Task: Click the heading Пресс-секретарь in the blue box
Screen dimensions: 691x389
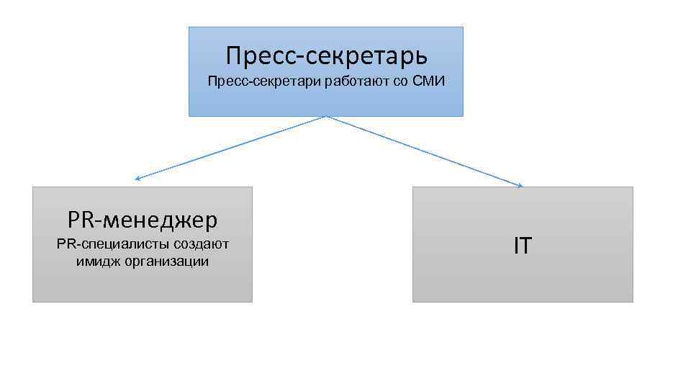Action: [x=326, y=55]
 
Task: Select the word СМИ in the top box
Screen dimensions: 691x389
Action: [x=429, y=81]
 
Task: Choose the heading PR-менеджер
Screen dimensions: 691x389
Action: [x=143, y=219]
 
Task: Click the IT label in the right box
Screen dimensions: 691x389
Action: [x=523, y=246]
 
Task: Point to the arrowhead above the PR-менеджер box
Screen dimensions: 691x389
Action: [x=137, y=179]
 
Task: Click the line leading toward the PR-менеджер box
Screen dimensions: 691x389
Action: [x=230, y=148]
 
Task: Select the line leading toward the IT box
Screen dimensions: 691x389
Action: [x=425, y=151]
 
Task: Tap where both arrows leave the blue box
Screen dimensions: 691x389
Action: [x=326, y=117]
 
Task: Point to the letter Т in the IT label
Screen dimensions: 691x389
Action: [x=526, y=246]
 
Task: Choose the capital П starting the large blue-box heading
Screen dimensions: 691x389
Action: [x=232, y=55]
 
